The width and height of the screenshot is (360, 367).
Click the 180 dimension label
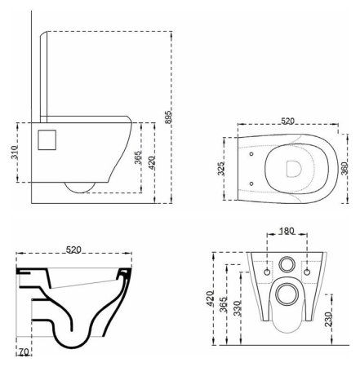285,231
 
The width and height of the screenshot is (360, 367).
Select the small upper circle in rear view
286,263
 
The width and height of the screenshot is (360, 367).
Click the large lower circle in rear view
286,294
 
